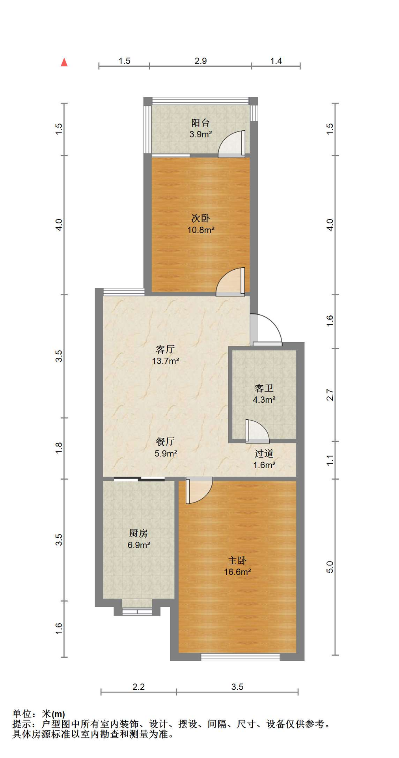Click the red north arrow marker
coord(64,62)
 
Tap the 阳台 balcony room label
coord(200,123)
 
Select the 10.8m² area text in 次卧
coord(201,230)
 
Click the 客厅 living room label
coord(165,349)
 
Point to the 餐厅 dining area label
coord(165,441)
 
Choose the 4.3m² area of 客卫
coord(264,400)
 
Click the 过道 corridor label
coord(264,454)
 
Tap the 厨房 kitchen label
coord(138,533)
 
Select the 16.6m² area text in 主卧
coord(237,572)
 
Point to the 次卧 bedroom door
coord(231,281)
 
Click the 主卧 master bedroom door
coord(199,490)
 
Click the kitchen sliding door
coord(139,479)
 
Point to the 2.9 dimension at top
coord(200,61)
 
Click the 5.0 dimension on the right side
coord(330,567)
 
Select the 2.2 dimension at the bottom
coord(138,687)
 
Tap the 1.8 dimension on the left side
coord(59,448)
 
